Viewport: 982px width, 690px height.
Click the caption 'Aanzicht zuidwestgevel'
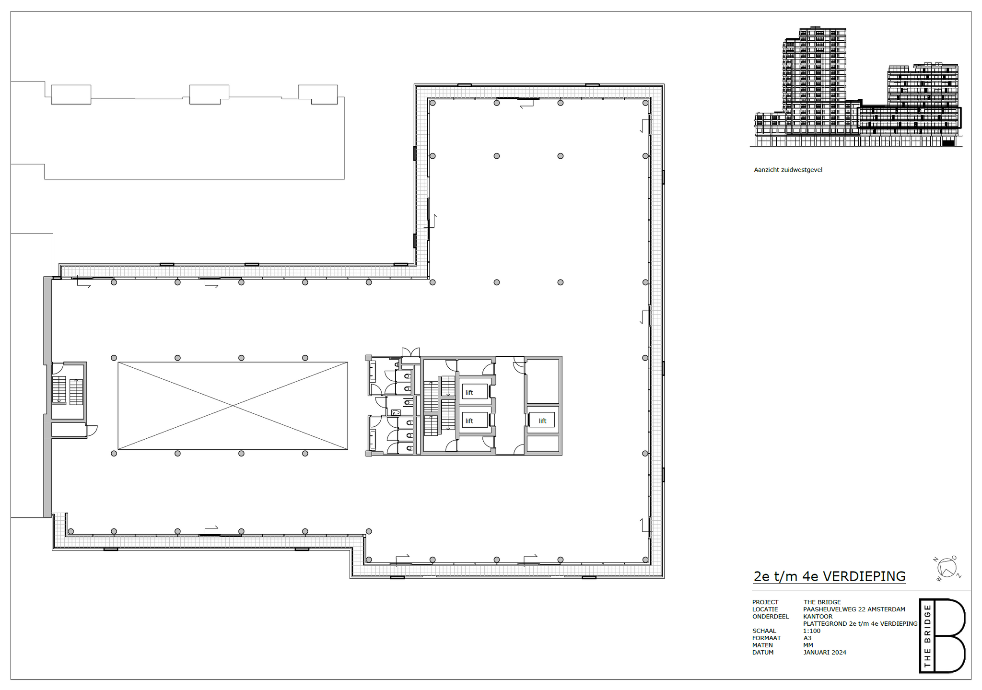788,170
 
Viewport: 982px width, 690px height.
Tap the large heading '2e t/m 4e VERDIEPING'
830,576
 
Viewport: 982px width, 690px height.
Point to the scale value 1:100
812,631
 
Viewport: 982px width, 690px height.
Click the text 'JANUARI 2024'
825,653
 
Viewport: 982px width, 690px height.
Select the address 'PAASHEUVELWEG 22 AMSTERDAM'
854,609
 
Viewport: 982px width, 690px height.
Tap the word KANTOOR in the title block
818,617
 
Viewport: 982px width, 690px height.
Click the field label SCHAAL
764,631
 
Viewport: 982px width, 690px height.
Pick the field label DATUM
763,653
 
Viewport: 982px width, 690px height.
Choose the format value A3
807,638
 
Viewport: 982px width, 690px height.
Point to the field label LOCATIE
765,609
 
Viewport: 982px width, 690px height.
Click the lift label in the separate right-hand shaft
542,421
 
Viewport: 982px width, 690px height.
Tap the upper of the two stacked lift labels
469,393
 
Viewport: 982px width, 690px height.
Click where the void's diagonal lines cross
233,406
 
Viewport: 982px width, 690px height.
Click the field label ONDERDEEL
771,617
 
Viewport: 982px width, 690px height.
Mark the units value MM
808,645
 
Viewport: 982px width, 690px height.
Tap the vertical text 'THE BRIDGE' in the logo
927,636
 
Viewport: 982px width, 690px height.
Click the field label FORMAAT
767,638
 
